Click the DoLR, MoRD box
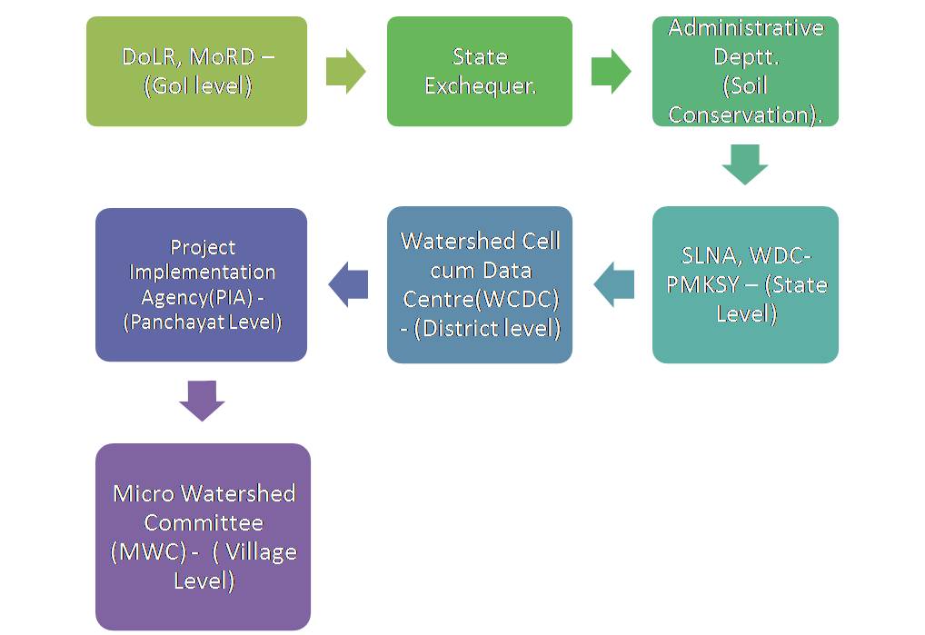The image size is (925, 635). point(196,72)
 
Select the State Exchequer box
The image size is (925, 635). point(480,72)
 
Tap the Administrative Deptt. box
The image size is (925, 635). point(745,72)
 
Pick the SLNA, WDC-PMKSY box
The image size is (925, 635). point(745,284)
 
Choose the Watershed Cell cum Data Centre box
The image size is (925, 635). point(480,284)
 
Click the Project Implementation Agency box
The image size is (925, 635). point(201,284)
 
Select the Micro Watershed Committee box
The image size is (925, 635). point(203,537)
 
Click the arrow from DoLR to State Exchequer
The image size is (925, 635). point(345,72)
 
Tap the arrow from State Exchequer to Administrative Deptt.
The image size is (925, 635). point(612,72)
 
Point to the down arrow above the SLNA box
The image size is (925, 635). point(745,164)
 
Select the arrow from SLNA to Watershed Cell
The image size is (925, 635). point(614,284)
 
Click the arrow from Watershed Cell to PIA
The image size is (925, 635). point(348,284)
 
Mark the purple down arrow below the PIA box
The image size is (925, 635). point(202,401)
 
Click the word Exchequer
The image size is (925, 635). point(480,86)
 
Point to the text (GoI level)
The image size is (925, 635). point(197,86)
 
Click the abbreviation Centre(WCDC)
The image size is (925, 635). point(481,300)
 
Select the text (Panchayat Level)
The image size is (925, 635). point(203,322)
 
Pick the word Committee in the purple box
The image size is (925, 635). point(204,523)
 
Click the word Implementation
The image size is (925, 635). point(203,273)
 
